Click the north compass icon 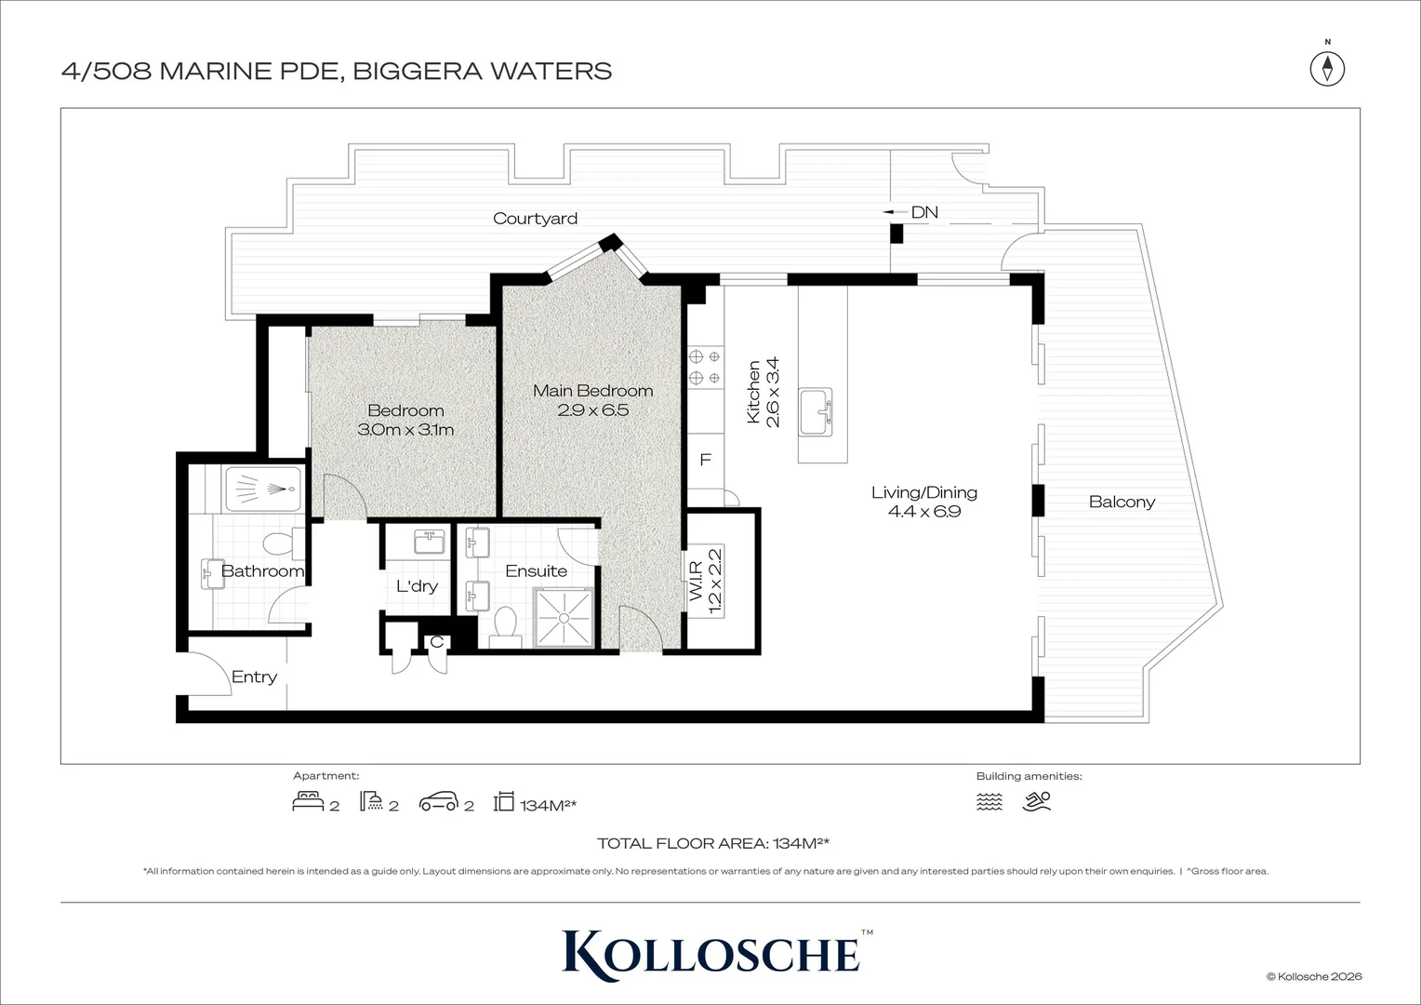coord(1328,68)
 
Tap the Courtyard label coord(535,219)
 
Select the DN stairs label coord(923,212)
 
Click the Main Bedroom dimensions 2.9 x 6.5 coord(592,410)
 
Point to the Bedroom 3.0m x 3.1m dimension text coord(405,430)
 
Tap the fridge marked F coord(706,460)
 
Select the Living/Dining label coord(923,492)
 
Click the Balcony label coord(1122,502)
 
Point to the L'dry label coord(417,586)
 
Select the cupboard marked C coord(436,642)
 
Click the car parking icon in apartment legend coord(439,802)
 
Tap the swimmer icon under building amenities coord(1037,801)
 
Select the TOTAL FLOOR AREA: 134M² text coord(712,844)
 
